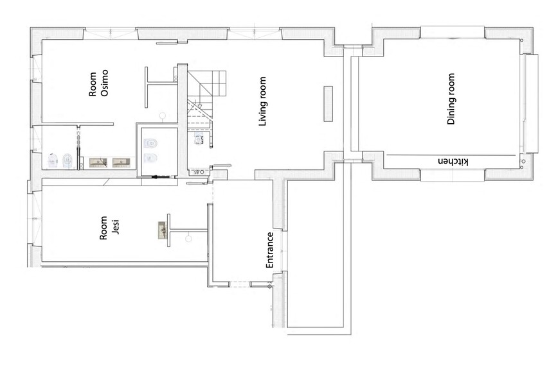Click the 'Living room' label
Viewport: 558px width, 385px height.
tap(263, 101)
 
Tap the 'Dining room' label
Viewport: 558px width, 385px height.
tap(451, 99)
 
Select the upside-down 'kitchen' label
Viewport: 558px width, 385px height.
tap(453, 162)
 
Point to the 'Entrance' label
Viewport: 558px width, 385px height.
tap(270, 250)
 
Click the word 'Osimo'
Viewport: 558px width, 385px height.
tap(104, 83)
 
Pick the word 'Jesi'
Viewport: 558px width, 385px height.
tap(115, 227)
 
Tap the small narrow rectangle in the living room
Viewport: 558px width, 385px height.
tap(328, 104)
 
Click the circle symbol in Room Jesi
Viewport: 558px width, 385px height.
tap(188, 239)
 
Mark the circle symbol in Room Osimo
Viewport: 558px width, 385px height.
tap(163, 116)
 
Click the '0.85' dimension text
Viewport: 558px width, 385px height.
tap(199, 172)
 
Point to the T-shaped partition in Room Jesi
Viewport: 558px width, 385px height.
tap(187, 230)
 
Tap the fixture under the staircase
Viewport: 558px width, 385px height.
tap(198, 139)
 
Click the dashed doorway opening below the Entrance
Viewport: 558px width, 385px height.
tap(240, 284)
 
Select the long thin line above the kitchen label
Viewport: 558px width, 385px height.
tap(451, 155)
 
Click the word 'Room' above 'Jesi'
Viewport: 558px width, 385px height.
tap(104, 228)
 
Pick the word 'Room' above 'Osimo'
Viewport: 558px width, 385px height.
tap(93, 84)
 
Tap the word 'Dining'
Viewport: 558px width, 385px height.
tap(451, 112)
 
